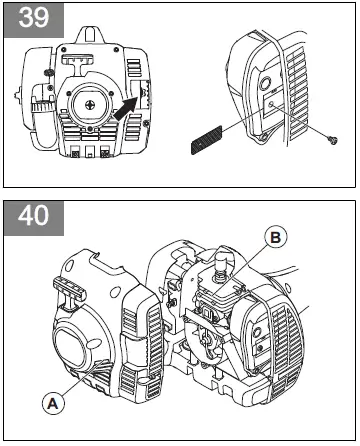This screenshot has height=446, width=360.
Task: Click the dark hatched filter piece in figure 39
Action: pyautogui.click(x=206, y=143)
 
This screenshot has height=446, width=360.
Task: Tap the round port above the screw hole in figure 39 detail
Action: pyautogui.click(x=270, y=84)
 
